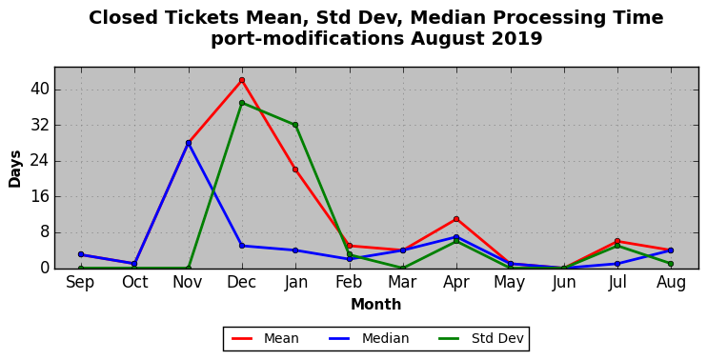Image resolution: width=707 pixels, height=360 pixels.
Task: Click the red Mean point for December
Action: pyautogui.click(x=242, y=80)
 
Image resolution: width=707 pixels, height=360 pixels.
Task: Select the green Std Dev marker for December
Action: pyautogui.click(x=242, y=103)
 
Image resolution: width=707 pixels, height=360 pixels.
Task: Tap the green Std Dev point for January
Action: pyautogui.click(x=295, y=125)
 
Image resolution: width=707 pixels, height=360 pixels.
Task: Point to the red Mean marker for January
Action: pyautogui.click(x=295, y=170)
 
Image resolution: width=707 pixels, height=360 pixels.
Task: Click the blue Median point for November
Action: pyautogui.click(x=189, y=143)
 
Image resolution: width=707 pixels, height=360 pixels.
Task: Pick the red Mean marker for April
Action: pyautogui.click(x=456, y=219)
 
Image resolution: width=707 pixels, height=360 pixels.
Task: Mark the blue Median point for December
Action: pyautogui.click(x=242, y=246)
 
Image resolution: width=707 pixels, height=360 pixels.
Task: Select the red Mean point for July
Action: pyautogui.click(x=617, y=241)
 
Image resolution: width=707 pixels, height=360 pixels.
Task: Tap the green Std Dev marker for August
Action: pyautogui.click(x=671, y=264)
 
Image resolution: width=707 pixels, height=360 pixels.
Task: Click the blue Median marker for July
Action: pyautogui.click(x=617, y=264)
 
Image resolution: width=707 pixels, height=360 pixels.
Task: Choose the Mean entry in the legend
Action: pyautogui.click(x=265, y=338)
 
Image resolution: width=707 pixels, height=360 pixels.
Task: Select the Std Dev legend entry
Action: pyautogui.click(x=481, y=338)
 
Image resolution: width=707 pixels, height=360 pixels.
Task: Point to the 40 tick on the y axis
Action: pyautogui.click(x=39, y=90)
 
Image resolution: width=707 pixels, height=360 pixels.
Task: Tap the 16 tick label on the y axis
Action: pyautogui.click(x=39, y=197)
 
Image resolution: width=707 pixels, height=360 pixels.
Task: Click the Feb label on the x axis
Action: pyautogui.click(x=349, y=283)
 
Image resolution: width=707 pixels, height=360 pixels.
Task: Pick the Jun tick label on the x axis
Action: pyautogui.click(x=564, y=283)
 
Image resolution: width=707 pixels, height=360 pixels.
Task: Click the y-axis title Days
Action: pyautogui.click(x=15, y=169)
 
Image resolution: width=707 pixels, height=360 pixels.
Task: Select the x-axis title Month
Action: pyautogui.click(x=376, y=305)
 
